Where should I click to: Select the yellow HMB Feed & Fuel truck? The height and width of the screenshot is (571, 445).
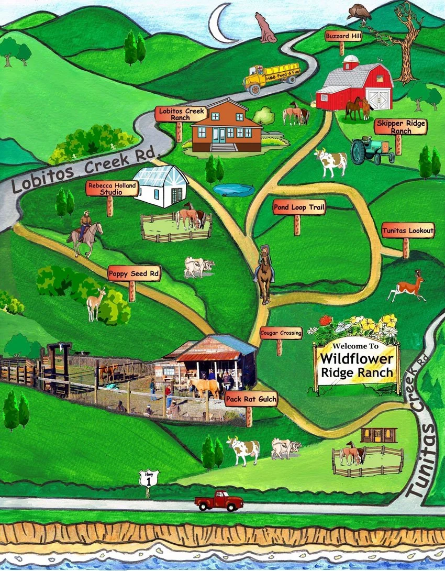pyautogui.click(x=270, y=78)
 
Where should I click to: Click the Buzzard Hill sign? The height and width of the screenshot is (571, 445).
pyautogui.click(x=342, y=36)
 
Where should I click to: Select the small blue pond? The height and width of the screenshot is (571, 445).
pyautogui.click(x=233, y=190)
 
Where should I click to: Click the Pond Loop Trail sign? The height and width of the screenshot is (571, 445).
pyautogui.click(x=299, y=207)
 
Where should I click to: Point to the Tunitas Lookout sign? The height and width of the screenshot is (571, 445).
pyautogui.click(x=408, y=230)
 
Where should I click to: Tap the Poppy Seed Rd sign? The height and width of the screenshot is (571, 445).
pyautogui.click(x=134, y=273)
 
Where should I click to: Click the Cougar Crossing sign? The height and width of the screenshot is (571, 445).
pyautogui.click(x=281, y=333)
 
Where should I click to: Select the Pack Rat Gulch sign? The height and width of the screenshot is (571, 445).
pyautogui.click(x=251, y=400)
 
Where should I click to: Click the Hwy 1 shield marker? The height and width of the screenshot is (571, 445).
pyautogui.click(x=148, y=478)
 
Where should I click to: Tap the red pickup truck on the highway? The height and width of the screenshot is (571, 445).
pyautogui.click(x=219, y=501)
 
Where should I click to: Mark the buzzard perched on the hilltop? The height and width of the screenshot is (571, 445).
pyautogui.click(x=359, y=13)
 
